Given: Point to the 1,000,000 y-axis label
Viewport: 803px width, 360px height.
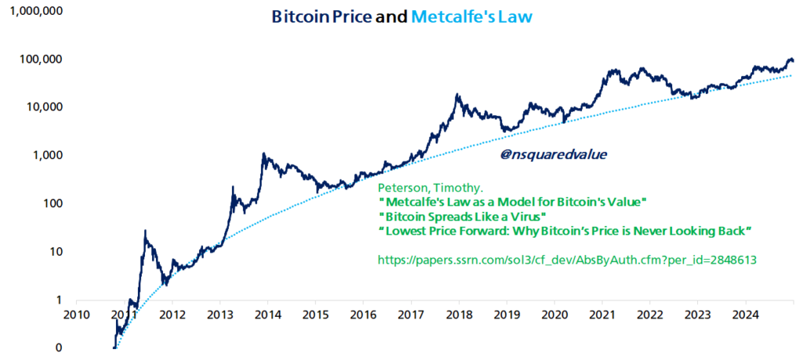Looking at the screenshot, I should pyautogui.click(x=35, y=11).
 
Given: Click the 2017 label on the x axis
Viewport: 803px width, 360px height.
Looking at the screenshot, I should pyautogui.click(x=411, y=315).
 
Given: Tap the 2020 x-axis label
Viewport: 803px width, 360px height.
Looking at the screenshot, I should pyautogui.click(x=554, y=315).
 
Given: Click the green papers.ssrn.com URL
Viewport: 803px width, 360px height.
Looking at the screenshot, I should pyautogui.click(x=566, y=260).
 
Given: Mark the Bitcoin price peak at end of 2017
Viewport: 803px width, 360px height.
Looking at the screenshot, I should pyautogui.click(x=457, y=95).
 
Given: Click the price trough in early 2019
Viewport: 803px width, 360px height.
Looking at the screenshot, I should pyautogui.click(x=507, y=129).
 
